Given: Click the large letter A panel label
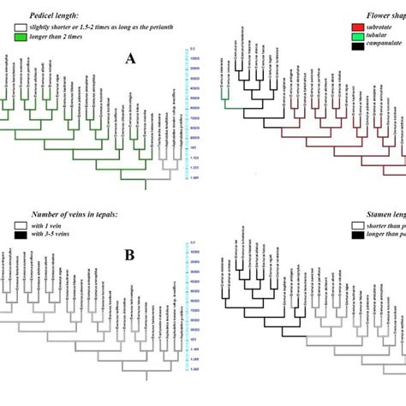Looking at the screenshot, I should [130, 57].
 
